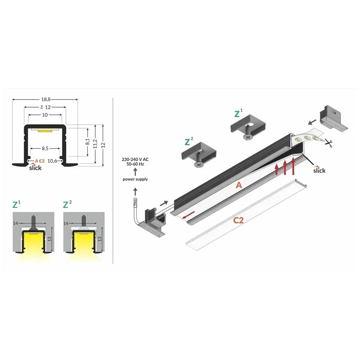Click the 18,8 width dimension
(46, 99)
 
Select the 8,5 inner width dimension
(45, 148)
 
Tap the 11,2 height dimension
(95, 144)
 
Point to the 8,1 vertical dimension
(87, 142)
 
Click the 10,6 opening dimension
(52, 161)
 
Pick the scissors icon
(328, 143)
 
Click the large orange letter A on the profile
(239, 185)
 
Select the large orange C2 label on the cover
(238, 220)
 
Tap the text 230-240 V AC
(135, 159)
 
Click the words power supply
(135, 179)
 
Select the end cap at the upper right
(333, 119)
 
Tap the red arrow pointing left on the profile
(189, 215)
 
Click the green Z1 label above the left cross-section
(16, 204)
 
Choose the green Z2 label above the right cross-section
(67, 204)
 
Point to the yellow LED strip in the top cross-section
(45, 131)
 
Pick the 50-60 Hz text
(135, 164)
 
